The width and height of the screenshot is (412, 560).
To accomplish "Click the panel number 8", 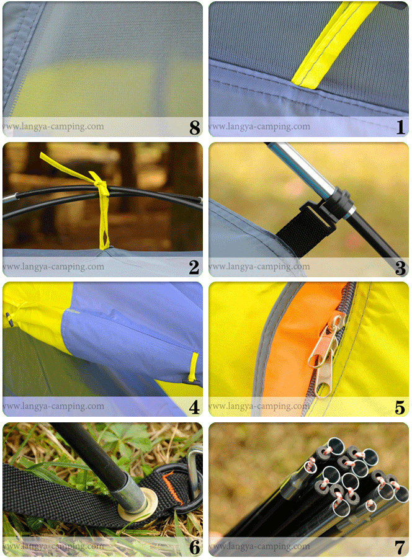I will click(x=194, y=128).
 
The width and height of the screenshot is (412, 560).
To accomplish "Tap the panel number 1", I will click(x=400, y=128).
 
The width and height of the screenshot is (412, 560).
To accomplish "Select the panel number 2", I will click(x=194, y=268).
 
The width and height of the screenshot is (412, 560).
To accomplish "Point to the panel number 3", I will click(x=400, y=268).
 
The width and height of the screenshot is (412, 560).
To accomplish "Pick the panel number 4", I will click(x=194, y=408).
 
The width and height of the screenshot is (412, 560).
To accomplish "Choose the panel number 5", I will click(x=400, y=408).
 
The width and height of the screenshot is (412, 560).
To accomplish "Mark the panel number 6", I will click(x=194, y=548).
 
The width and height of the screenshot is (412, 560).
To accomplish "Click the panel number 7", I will click(x=400, y=548).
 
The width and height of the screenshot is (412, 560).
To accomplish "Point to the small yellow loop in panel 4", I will click(x=194, y=367).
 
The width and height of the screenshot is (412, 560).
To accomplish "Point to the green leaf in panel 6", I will click(x=124, y=440).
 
